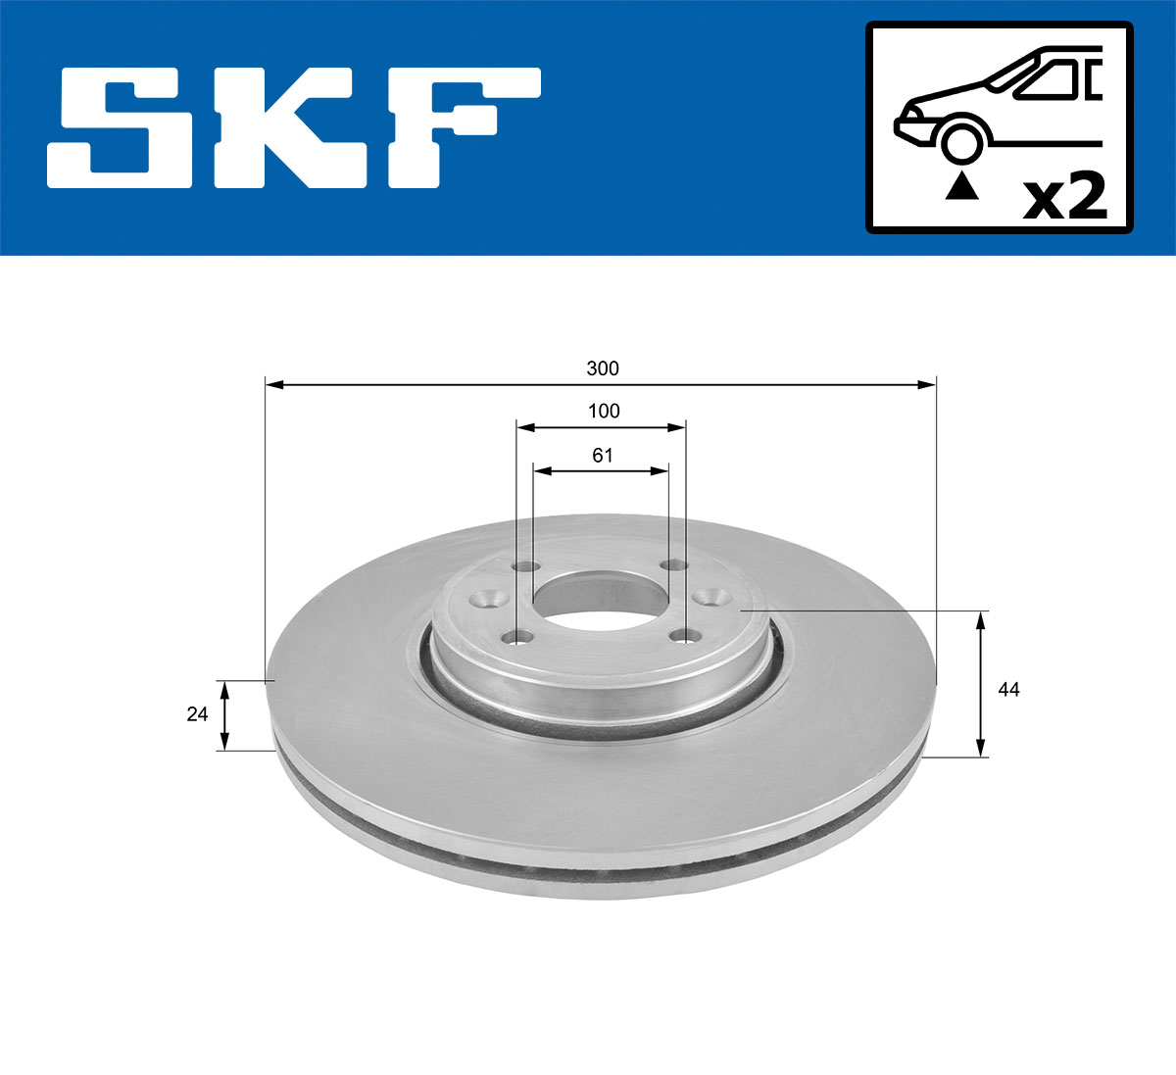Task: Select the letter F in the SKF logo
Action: (x=461, y=127)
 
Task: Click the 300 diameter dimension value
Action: (x=603, y=368)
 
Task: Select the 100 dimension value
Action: (x=604, y=411)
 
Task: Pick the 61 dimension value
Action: (x=602, y=455)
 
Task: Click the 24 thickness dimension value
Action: (x=198, y=714)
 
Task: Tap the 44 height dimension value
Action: (x=1008, y=690)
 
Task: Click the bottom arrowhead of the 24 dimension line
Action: (x=225, y=742)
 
